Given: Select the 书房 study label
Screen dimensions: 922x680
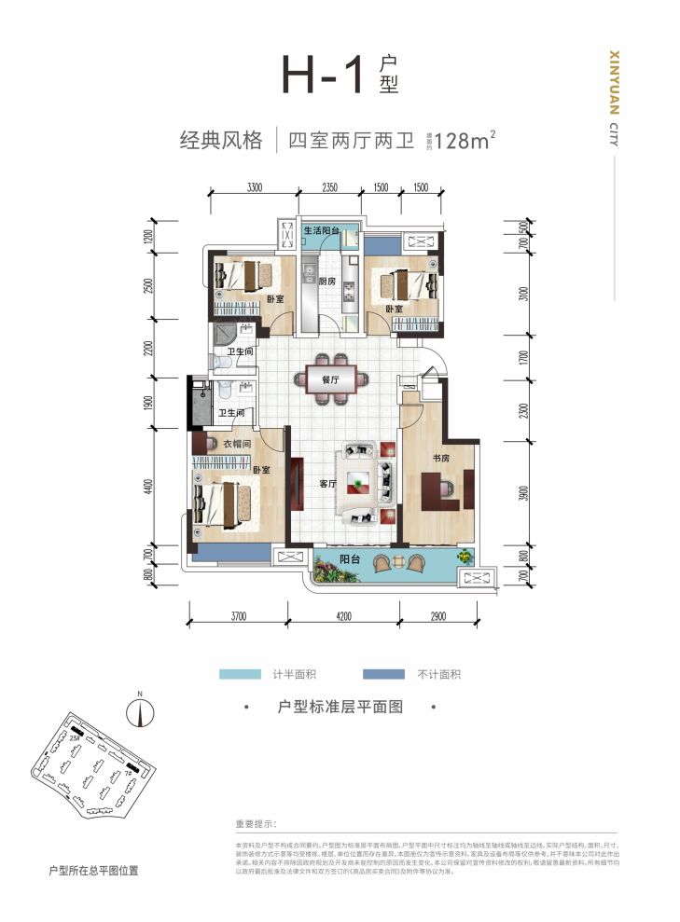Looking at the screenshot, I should tap(442, 458).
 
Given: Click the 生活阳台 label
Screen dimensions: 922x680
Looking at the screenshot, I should tap(326, 230).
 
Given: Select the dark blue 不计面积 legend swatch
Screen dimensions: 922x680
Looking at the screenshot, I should tap(382, 674).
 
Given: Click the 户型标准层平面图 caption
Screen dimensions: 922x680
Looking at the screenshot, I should tap(340, 708).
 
